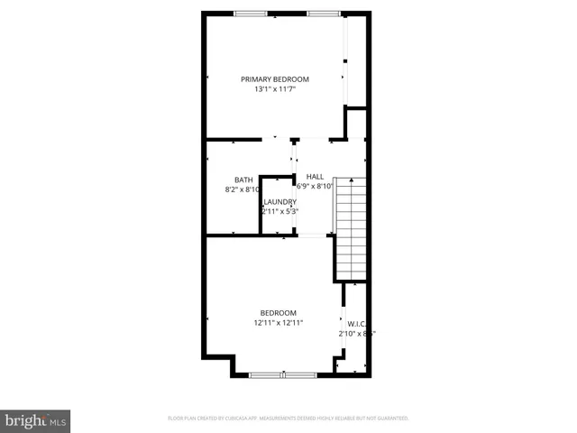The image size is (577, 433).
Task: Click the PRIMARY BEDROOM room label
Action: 274,79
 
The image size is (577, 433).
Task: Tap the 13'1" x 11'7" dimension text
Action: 274,90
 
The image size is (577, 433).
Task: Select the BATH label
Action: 243,180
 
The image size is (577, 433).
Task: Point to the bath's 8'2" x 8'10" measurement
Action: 242,189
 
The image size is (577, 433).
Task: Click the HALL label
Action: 315,176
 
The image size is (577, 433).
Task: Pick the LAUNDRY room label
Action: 280,201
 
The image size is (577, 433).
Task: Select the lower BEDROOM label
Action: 278,313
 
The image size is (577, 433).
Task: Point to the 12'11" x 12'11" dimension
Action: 278,323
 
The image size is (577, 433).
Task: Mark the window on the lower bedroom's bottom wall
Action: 282,374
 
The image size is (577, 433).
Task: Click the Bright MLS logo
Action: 35,421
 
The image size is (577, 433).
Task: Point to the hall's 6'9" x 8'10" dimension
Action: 309,186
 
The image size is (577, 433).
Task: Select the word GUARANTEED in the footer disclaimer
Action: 389,419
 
